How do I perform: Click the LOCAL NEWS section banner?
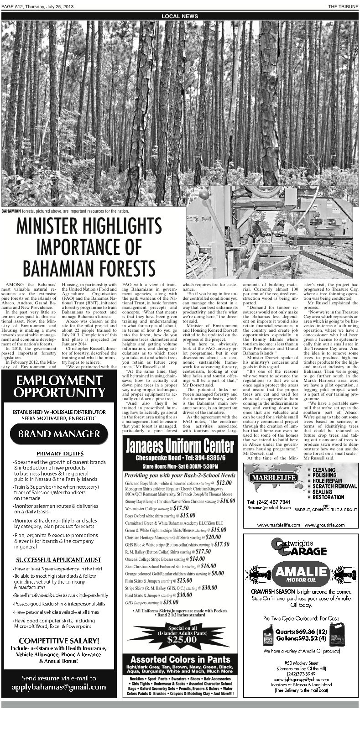pos(180,16)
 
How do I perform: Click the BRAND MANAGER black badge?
pos(59,433)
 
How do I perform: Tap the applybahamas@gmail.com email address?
pos(59,687)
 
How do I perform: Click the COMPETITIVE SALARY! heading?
pos(59,640)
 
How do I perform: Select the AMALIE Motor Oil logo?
pos(301,573)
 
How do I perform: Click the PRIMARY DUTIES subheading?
pos(60,454)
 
